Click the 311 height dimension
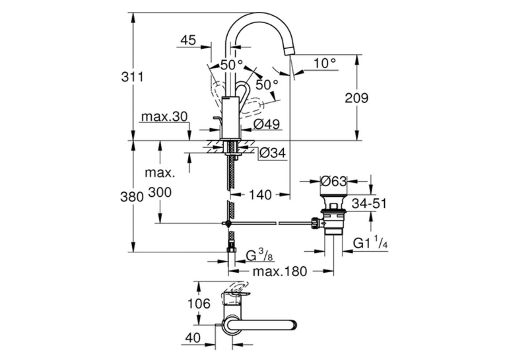(132, 77)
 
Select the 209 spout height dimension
(356, 98)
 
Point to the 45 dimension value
(188, 40)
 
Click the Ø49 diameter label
(267, 124)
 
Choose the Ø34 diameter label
(273, 153)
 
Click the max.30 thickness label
(164, 117)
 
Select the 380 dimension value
(132, 196)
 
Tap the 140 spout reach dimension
(260, 195)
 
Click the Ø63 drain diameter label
(334, 181)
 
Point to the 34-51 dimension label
(369, 203)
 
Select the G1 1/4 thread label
(370, 242)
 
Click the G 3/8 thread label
(259, 256)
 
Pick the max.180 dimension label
(280, 271)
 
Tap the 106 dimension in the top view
(199, 303)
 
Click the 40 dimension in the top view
(193, 338)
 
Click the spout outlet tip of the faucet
(290, 51)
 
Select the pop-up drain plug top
(333, 197)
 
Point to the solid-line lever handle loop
(244, 92)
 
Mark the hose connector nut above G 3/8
(232, 250)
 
